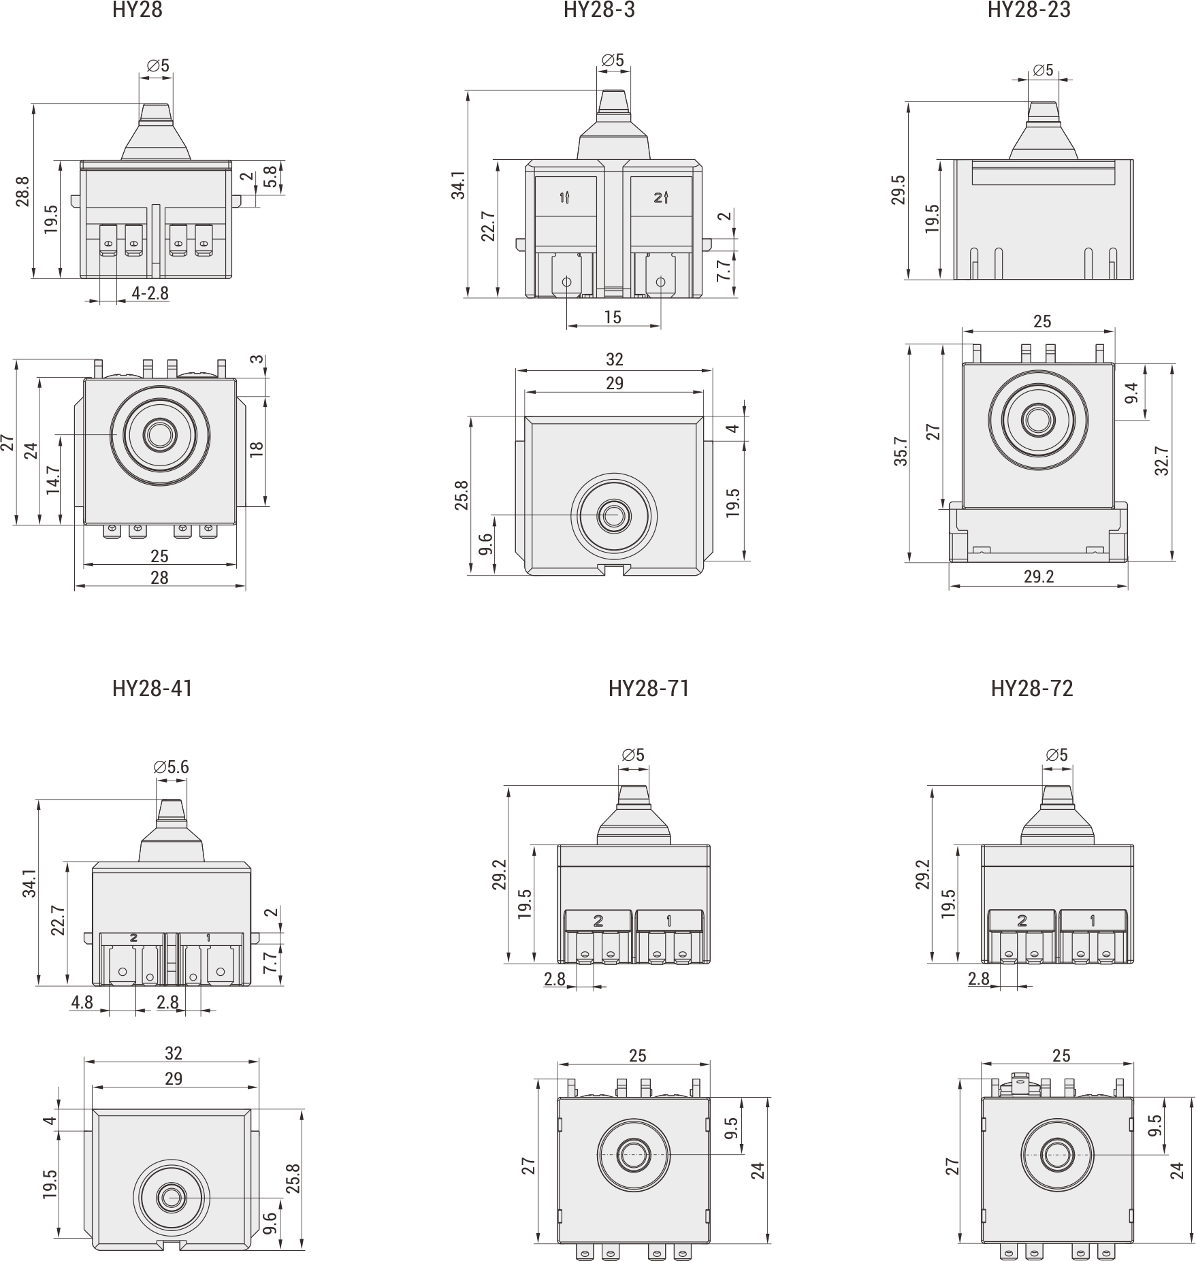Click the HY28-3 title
[599, 10]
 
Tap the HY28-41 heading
[152, 689]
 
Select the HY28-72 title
[1032, 689]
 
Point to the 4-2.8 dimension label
[150, 293]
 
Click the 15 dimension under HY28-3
[613, 317]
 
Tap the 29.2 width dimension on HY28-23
[1038, 577]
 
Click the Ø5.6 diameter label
[172, 768]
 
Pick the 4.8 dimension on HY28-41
[82, 1002]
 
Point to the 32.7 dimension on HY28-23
[1161, 461]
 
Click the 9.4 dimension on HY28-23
[1131, 392]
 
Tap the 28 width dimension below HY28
[159, 578]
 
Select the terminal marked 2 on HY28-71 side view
[598, 921]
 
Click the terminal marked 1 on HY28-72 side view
[1093, 921]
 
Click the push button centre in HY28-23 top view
[1037, 420]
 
